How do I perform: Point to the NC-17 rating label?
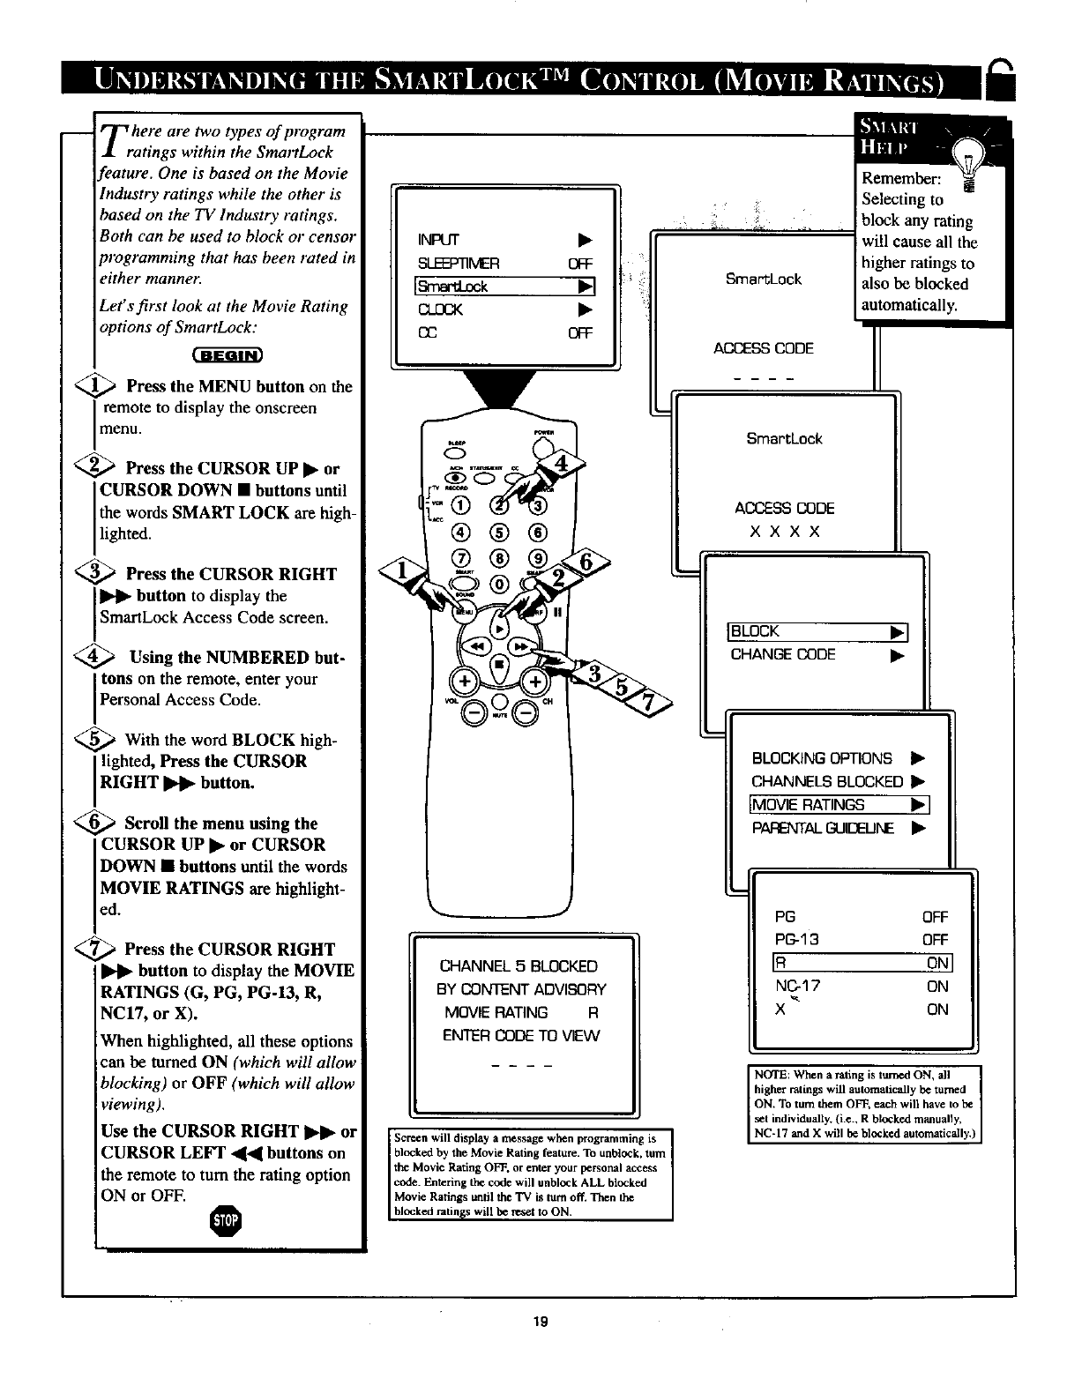[797, 986]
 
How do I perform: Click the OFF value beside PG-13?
[934, 940]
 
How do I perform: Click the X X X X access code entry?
[784, 532]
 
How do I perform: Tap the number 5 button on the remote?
[498, 532]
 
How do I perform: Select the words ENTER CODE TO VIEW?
[521, 1035]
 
